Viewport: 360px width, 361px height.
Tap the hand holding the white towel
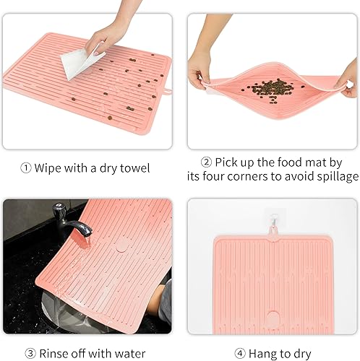[108, 34]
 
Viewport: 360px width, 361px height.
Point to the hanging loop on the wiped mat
[166, 91]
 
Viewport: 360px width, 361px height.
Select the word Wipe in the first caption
[49, 169]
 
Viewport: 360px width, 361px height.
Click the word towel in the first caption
[134, 169]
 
